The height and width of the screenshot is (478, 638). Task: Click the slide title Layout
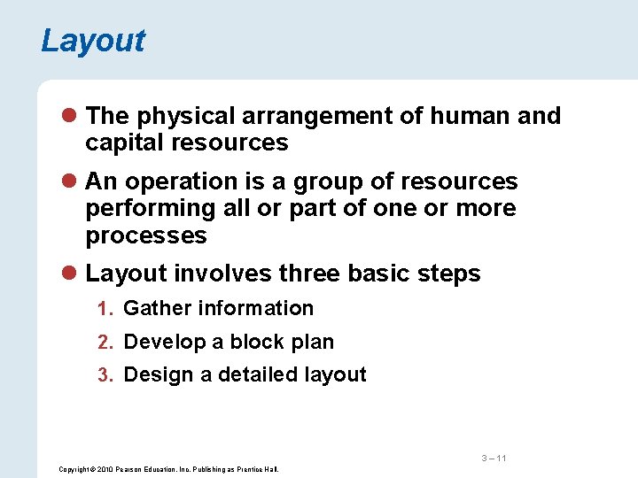pos(93,41)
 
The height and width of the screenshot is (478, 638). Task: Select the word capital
pos(121,143)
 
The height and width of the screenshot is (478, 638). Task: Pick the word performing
pos(148,209)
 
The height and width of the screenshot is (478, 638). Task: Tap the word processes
pos(146,235)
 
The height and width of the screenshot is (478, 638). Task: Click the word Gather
pos(157,308)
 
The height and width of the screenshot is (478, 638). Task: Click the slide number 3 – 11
pos(494,458)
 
